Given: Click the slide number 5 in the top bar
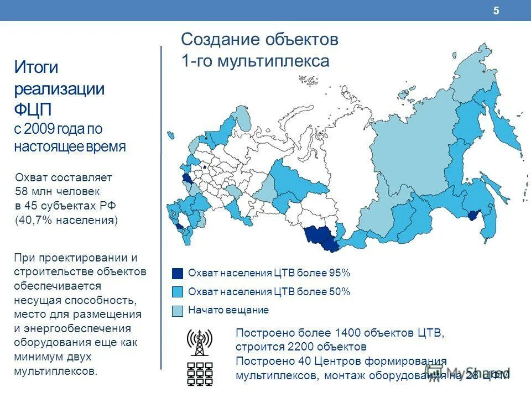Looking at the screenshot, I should [496, 11].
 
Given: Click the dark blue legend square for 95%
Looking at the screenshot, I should [177, 273].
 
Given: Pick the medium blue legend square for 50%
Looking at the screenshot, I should [177, 292].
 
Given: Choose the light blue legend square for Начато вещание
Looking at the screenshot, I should [177, 311].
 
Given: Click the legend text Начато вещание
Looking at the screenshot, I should [228, 310].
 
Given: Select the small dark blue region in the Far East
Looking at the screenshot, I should [473, 217].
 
